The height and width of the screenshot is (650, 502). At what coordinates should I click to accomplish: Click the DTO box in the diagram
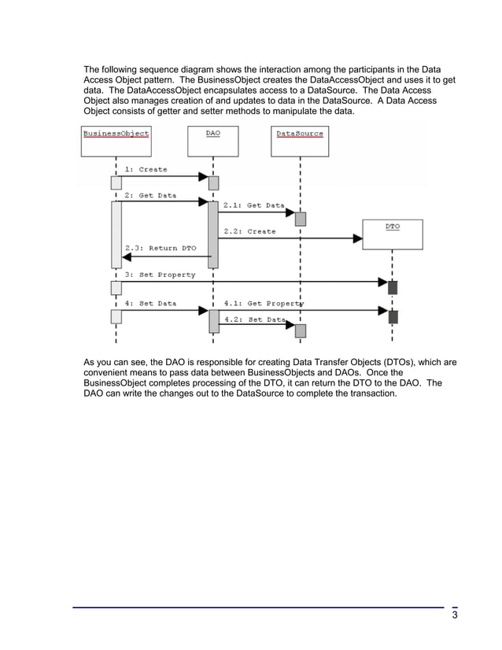pyautogui.click(x=393, y=234)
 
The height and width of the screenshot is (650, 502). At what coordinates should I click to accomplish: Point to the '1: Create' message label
pyautogui.click(x=146, y=169)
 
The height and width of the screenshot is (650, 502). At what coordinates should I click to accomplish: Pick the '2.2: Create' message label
pyautogui.click(x=249, y=231)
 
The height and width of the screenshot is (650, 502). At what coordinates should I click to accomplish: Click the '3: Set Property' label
pyautogui.click(x=160, y=275)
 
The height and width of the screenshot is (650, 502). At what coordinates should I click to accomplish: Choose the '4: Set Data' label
pyautogui.click(x=150, y=302)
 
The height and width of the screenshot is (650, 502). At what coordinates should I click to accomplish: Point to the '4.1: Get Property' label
pyautogui.click(x=264, y=302)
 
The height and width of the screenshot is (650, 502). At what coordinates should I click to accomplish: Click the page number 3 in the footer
pyautogui.click(x=455, y=615)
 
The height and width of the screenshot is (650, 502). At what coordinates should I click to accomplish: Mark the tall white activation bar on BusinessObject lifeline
pyautogui.click(x=116, y=235)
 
